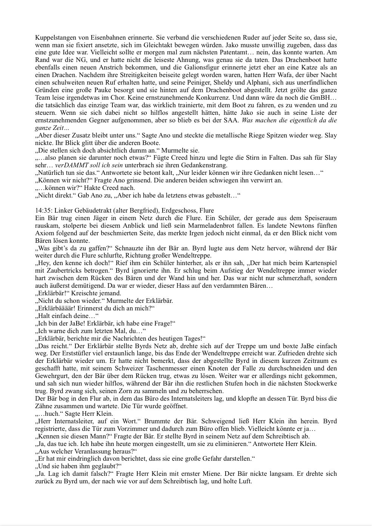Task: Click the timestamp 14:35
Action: pyautogui.click(x=43, y=211)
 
